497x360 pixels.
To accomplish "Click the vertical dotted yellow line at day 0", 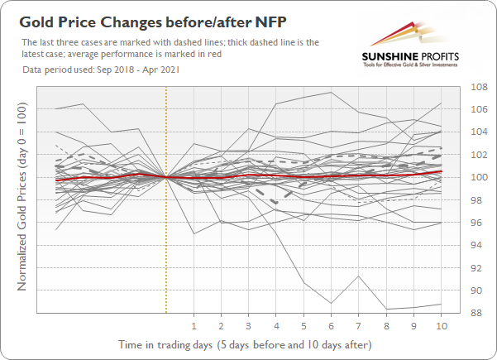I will coord(166,248).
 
